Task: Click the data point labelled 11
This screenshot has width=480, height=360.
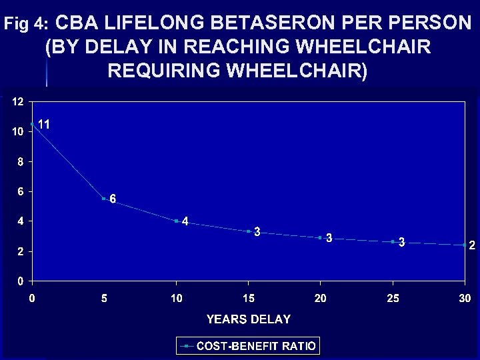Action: [x=32, y=124]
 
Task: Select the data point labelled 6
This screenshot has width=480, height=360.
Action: [x=104, y=198]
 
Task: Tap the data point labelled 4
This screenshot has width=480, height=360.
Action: [x=176, y=221]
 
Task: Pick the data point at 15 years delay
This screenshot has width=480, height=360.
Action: [x=248, y=231]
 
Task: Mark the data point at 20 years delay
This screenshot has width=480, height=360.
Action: [x=320, y=237]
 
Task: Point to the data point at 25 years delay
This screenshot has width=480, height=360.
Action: [x=393, y=241]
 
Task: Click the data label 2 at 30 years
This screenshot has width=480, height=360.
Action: [x=472, y=245]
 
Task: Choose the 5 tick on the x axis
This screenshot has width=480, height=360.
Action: [x=104, y=298]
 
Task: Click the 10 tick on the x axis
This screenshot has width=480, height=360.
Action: [x=176, y=298]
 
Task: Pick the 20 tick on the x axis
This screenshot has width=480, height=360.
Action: [x=320, y=298]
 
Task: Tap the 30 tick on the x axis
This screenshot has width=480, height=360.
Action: [x=465, y=298]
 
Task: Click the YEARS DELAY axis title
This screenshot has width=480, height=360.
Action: [x=248, y=319]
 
